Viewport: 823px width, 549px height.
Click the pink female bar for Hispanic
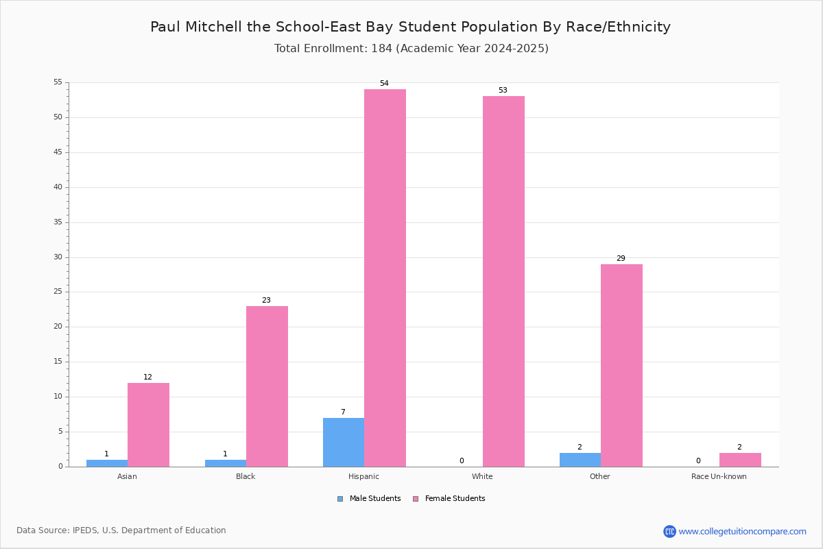point(385,278)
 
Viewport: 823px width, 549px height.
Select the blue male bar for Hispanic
point(344,443)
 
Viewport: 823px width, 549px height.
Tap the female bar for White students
point(503,281)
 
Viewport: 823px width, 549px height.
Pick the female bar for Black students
point(267,386)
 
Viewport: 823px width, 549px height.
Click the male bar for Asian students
point(107,463)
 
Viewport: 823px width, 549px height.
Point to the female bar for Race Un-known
point(740,460)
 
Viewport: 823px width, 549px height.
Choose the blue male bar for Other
point(580,460)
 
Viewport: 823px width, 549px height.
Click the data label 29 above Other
point(621,258)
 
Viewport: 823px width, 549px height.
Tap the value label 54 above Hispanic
point(384,83)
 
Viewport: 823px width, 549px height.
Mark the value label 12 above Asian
point(147,377)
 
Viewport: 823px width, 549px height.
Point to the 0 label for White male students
point(462,460)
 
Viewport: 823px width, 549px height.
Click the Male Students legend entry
point(369,499)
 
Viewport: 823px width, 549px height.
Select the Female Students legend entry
point(449,499)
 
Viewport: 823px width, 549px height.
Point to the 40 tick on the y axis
point(58,187)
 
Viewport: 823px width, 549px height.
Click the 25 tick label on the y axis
point(58,292)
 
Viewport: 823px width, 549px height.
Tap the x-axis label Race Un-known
point(719,476)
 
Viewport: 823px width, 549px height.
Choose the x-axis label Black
point(246,476)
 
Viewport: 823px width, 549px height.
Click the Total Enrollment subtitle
point(411,49)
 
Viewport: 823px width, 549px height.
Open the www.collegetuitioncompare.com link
point(742,531)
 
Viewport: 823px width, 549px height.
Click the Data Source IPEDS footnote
point(121,530)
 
